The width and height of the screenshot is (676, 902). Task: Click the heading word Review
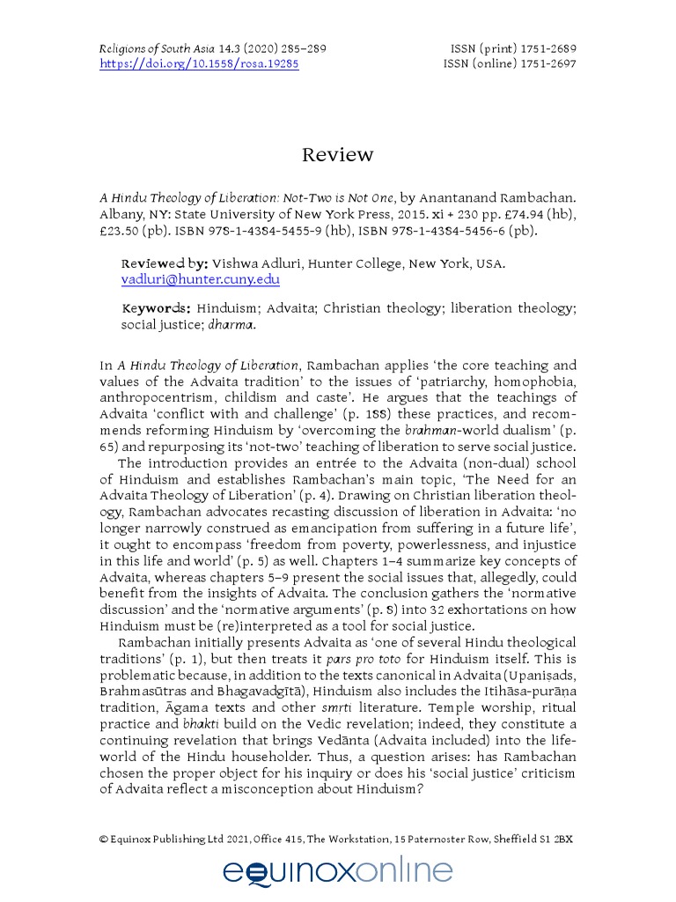tap(337, 156)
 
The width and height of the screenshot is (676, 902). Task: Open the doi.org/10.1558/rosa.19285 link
tap(199, 65)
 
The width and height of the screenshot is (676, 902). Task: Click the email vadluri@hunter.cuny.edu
tap(200, 279)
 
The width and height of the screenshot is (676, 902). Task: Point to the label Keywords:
tap(156, 308)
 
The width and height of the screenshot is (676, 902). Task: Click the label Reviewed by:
tap(165, 263)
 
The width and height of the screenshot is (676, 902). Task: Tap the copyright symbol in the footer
tap(104, 839)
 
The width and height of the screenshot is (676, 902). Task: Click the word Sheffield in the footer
tap(517, 839)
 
